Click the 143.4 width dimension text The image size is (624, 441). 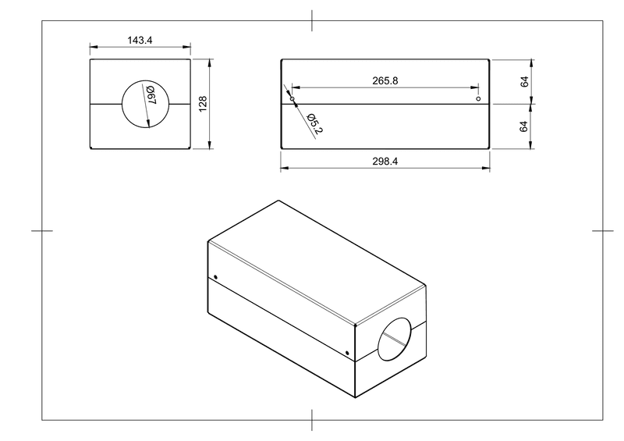(140, 41)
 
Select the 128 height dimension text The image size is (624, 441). (203, 104)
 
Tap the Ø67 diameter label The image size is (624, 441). (151, 94)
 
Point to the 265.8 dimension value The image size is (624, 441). (385, 81)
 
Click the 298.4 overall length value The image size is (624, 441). (385, 162)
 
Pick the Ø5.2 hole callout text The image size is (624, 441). (315, 123)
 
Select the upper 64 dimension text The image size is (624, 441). (524, 82)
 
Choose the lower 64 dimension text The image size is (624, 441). (523, 126)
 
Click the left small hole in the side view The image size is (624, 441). (292, 98)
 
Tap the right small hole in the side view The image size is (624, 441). (478, 98)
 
